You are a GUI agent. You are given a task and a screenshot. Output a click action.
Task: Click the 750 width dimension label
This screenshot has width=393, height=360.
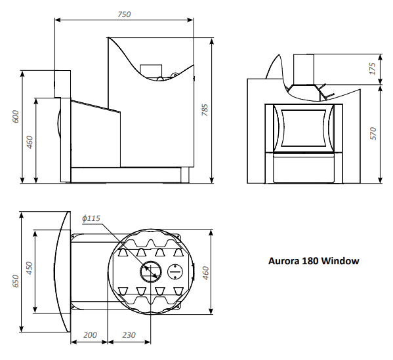click(124, 14)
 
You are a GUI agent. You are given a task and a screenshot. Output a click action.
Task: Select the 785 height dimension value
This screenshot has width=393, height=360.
click(205, 110)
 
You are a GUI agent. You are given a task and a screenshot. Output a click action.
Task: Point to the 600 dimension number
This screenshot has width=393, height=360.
click(16, 116)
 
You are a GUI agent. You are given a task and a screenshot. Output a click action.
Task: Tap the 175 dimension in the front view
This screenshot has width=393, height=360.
click(373, 68)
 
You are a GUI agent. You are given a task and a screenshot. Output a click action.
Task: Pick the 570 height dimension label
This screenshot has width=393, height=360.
click(373, 134)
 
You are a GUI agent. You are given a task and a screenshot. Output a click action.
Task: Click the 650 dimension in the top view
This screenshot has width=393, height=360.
click(16, 281)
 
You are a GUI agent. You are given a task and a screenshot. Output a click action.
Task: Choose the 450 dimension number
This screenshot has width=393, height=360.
click(30, 268)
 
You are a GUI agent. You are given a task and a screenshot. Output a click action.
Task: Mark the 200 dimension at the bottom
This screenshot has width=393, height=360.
click(90, 334)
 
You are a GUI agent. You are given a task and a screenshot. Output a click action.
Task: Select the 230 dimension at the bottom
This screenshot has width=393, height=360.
click(129, 334)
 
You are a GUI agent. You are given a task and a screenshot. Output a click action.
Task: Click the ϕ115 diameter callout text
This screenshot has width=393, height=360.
click(91, 218)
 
